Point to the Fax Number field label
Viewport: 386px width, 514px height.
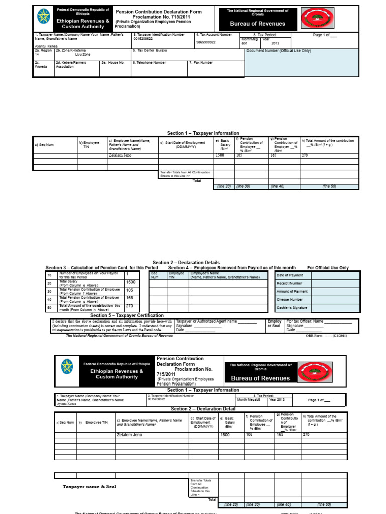click(202, 63)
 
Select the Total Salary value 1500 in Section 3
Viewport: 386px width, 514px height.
click(131, 283)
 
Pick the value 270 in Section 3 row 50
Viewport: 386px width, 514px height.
click(130, 306)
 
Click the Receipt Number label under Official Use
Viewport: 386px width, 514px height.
click(289, 283)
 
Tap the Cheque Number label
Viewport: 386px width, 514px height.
click(289, 299)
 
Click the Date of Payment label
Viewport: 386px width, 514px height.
click(290, 275)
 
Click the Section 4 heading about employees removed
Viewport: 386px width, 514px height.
click(232, 268)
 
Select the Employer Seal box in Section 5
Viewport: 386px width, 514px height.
click(275, 325)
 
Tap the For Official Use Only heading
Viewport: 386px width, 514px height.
click(328, 268)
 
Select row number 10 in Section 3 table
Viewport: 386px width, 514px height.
click(50, 275)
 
